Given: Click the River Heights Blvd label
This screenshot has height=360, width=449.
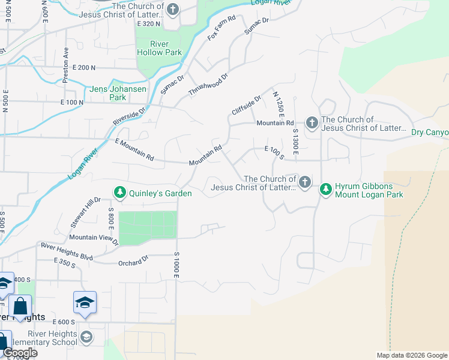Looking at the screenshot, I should click(x=67, y=251).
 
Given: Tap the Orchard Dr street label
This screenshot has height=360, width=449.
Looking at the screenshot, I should click(x=133, y=260).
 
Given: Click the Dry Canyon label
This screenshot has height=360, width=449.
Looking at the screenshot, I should click(x=430, y=132).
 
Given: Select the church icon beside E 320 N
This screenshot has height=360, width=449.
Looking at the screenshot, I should click(x=173, y=10).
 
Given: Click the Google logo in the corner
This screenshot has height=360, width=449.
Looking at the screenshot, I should click(x=19, y=352).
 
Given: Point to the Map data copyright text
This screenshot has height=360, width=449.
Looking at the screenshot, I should click(x=411, y=355).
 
